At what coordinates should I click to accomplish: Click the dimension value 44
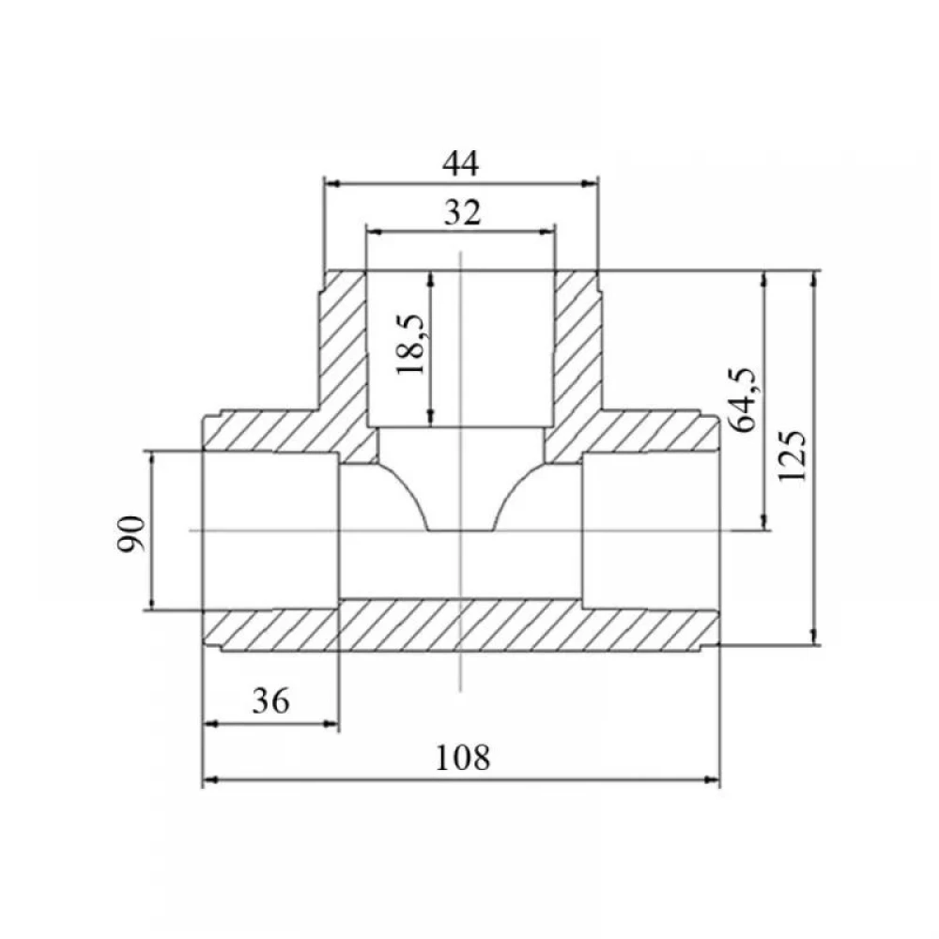461,163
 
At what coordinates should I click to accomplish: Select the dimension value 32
462,212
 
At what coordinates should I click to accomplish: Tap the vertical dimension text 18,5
411,345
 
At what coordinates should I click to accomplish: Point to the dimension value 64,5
743,400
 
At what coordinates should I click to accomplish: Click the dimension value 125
793,455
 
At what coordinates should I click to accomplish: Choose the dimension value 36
270,700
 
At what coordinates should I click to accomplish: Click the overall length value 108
462,758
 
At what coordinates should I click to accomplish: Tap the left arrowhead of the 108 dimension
209,779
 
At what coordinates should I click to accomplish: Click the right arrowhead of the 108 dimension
713,779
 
